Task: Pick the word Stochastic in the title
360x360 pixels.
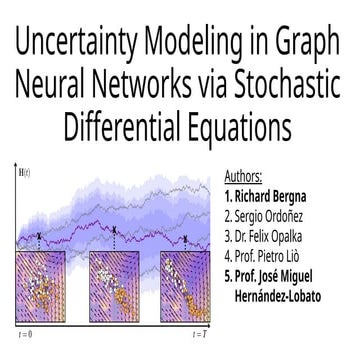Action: click(286, 87)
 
